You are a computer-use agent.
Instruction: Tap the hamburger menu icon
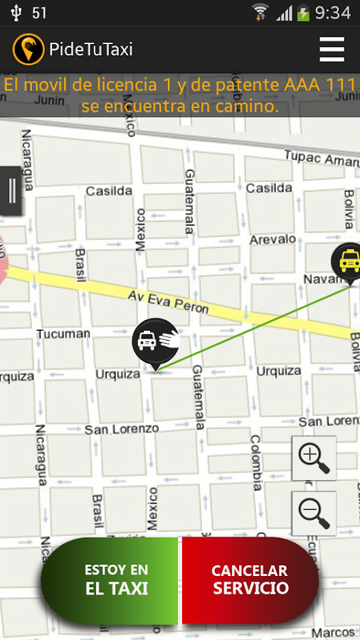pos(332,49)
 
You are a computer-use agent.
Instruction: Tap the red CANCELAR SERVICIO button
pos(250,580)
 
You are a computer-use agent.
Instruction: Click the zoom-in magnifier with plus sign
pos(314,458)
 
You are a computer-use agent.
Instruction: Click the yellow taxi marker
pos(348,262)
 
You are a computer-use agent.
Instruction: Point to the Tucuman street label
pos(63,334)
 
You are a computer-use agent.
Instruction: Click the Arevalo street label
pos(273,240)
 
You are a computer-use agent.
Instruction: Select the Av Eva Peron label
pos(168,302)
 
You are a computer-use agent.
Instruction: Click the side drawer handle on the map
pos(11,191)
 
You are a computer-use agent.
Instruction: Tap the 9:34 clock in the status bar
pos(333,13)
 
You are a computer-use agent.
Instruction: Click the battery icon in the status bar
pos(304,13)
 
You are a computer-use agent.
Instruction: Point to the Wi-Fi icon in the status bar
pos(260,12)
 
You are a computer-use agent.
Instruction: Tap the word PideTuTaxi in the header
pos(90,49)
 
